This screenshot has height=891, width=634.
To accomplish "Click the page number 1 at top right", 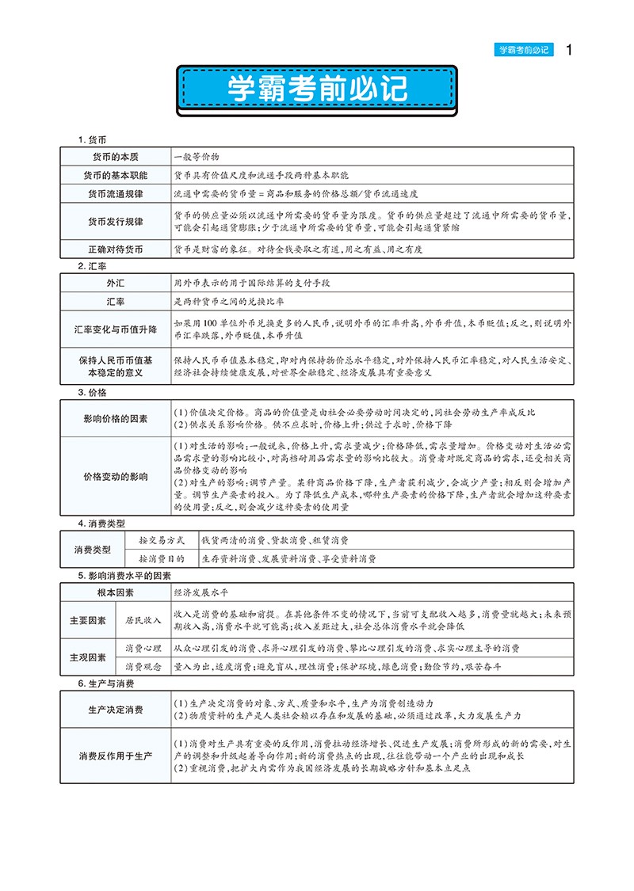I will coord(569,49).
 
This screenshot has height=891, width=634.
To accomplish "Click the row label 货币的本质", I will coord(113,156).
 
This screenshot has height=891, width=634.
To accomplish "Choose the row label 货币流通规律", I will coord(113,193).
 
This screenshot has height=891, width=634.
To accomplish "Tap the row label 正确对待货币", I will coord(113,249).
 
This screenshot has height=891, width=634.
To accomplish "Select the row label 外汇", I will coord(113,283).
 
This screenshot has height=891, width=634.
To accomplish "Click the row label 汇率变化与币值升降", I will coord(113,329).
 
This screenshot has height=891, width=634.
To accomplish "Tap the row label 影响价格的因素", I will coord(115,417).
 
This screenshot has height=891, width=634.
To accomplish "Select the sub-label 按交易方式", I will coord(161,539).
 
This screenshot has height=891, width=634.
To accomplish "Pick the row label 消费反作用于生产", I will coord(115,756).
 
